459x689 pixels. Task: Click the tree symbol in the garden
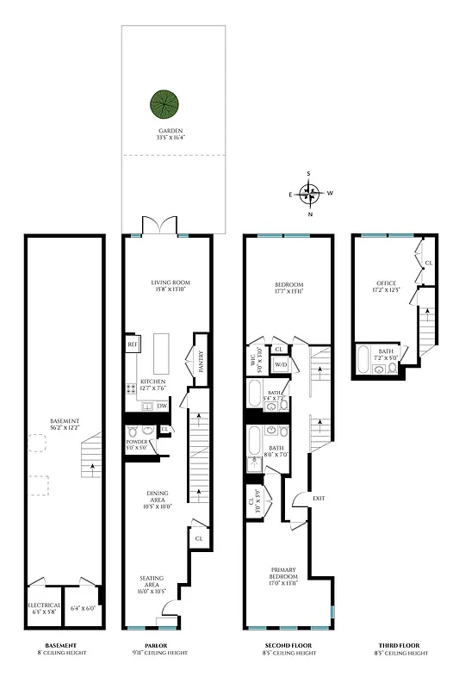[x=164, y=106]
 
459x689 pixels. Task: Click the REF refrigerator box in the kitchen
[x=133, y=344]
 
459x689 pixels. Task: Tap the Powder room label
[x=136, y=444]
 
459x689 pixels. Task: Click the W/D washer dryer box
[x=281, y=365]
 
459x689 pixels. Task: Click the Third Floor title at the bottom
[x=399, y=646]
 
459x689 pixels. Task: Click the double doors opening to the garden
[x=158, y=226]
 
